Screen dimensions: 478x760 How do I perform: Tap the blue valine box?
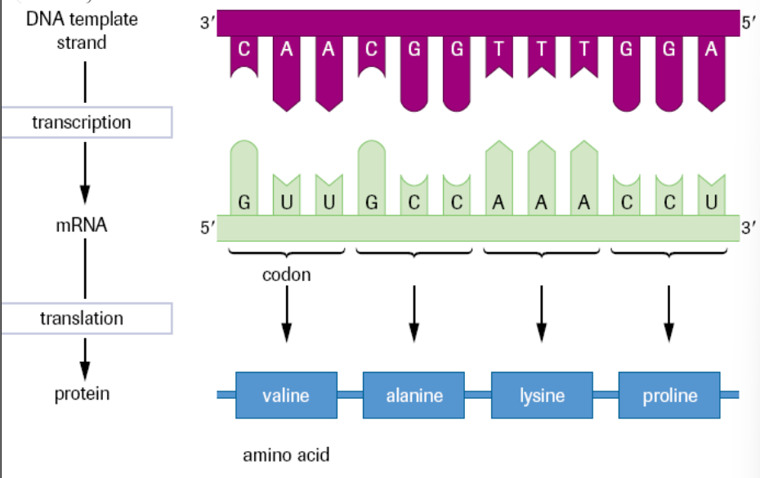pos(286,395)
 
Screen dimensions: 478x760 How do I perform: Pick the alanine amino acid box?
pos(414,395)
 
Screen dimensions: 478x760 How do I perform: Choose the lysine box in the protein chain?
pos(541,395)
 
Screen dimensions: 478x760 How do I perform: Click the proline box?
pos(669,395)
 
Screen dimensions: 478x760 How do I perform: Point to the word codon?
pos(286,275)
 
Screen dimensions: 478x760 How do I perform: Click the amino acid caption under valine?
pos(286,454)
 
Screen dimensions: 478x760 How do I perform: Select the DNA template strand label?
pos(82,30)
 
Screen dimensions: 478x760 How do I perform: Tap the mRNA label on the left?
pos(82,226)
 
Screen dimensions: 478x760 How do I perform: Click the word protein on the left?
pos(82,395)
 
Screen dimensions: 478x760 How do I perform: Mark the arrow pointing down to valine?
pos(286,315)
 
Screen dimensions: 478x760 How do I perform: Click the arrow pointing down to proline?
pos(669,315)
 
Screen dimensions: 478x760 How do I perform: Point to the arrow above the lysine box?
pos(541,315)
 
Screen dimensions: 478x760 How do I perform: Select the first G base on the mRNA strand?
pos(244,203)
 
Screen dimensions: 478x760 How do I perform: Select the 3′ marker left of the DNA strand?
pos(206,24)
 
